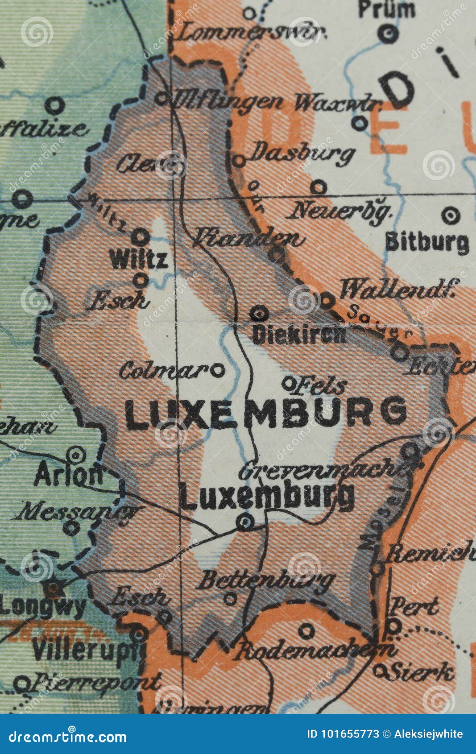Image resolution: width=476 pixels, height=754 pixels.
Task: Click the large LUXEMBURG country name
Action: pos(266,413)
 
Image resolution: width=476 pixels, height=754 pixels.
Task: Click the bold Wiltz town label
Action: pos(139,259)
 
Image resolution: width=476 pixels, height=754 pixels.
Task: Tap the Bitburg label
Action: pos(427,243)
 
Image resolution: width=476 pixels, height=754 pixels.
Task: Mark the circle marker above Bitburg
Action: pos(451,216)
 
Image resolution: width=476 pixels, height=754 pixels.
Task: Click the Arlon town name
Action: pos(68,476)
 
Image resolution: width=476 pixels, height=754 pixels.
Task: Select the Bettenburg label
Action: pos(265,580)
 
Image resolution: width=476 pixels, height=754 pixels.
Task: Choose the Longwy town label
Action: pos(43,607)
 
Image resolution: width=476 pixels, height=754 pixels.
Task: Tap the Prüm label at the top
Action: pos(386,9)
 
